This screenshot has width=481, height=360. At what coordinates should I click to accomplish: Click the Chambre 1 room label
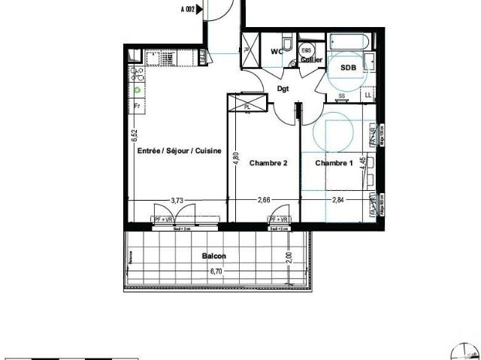(x=334, y=164)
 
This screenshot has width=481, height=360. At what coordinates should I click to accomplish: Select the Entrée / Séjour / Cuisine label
(x=179, y=151)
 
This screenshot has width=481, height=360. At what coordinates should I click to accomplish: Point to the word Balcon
(x=213, y=256)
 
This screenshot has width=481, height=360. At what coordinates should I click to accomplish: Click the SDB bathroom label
(x=348, y=68)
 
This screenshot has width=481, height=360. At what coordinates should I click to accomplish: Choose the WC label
(x=277, y=51)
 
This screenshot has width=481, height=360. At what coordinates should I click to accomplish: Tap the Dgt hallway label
(x=283, y=89)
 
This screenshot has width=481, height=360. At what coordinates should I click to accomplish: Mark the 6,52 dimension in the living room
(x=134, y=136)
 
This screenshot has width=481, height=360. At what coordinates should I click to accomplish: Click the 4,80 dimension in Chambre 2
(x=235, y=159)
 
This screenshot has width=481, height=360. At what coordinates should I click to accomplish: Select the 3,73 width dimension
(x=177, y=201)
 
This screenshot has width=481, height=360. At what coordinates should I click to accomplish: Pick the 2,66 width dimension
(x=265, y=201)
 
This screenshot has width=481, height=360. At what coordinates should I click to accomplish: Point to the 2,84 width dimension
(x=338, y=201)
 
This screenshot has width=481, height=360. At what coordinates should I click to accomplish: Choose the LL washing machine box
(x=368, y=95)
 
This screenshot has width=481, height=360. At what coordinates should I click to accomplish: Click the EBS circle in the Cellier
(x=307, y=52)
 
